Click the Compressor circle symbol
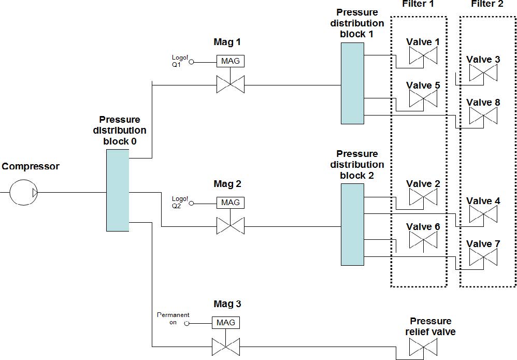24,193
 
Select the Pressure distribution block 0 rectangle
117,190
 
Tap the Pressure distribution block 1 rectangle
352,83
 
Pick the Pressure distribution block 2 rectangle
352,224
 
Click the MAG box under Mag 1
231,61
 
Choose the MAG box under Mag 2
231,203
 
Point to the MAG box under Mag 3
226,323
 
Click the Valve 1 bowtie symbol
423,55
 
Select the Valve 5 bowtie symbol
423,98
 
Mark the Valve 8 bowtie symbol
483,116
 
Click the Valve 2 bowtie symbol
423,197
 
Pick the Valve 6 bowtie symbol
423,240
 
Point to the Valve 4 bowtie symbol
483,214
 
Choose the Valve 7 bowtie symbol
483,257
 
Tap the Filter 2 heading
487,4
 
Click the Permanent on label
173,319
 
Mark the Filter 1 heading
418,4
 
